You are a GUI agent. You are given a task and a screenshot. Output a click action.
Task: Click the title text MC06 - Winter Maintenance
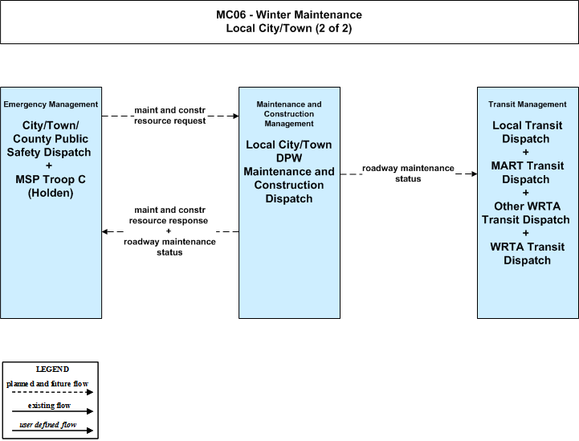[289, 14]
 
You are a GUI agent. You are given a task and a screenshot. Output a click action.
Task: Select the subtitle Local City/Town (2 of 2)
[289, 28]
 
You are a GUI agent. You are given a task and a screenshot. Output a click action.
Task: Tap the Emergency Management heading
[51, 104]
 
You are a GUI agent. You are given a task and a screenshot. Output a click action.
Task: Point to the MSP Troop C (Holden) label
[51, 186]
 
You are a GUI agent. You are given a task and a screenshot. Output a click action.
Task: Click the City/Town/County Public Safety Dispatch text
[51, 139]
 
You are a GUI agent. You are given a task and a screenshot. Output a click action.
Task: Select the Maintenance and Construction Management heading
[289, 114]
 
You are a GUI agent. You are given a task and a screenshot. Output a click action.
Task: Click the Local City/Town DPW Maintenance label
[289, 158]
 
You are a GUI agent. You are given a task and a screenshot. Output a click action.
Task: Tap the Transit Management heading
[528, 104]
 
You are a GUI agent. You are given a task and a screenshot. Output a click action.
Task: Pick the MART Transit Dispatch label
[528, 173]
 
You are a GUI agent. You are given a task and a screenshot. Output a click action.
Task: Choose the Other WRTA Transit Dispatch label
[526, 213]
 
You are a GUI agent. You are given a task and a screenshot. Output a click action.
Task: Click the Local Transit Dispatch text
[528, 132]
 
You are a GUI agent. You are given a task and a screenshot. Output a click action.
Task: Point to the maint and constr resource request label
[170, 116]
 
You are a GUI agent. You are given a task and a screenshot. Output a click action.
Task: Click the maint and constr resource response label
[169, 215]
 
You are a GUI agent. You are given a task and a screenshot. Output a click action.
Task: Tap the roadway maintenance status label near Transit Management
[408, 174]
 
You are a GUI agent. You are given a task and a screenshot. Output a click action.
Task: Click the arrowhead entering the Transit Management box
[474, 174]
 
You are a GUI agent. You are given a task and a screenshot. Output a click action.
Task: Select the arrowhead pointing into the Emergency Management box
[105, 231]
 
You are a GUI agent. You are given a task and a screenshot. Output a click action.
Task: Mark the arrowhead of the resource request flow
[235, 116]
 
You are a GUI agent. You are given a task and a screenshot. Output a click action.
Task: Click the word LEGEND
[52, 370]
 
